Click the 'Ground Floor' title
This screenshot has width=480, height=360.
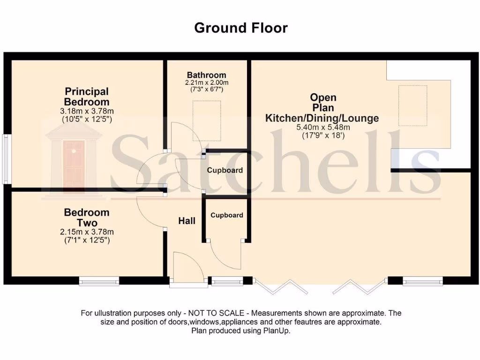pos(240,28)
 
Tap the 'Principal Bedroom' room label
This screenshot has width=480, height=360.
pos(87,97)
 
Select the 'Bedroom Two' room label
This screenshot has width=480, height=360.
pos(87,217)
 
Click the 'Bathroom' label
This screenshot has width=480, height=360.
pos(206,75)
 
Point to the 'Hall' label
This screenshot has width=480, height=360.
pos(187,220)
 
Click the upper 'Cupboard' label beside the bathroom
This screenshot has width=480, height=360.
pos(225,170)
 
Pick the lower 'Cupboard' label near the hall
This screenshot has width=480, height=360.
pos(227,215)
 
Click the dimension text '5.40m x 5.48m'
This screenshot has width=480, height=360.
pos(323,127)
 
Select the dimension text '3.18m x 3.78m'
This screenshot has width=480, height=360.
pos(87,111)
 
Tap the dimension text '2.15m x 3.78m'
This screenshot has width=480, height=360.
pos(87,232)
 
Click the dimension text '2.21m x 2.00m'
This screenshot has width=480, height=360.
pos(206,82)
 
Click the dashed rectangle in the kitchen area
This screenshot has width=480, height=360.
pos(412,105)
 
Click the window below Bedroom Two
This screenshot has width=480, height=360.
pos(99,281)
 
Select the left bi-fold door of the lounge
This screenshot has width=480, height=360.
pos(280,286)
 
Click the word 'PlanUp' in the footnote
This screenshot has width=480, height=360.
pos(278,330)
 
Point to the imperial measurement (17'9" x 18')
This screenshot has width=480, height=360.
pos(323,135)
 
